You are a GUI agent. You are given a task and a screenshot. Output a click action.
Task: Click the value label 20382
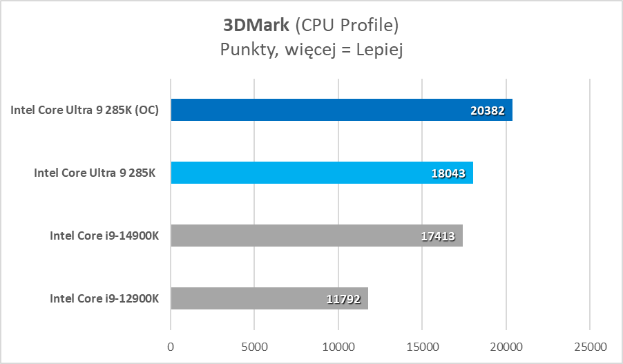coord(488,111)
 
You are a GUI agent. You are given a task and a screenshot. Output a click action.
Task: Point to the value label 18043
coord(449,173)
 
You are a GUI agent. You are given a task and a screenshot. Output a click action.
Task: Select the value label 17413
coord(438,236)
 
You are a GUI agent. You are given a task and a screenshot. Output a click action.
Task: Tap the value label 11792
coord(343,299)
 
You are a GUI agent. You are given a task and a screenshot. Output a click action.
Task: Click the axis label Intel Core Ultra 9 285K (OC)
coord(85,111)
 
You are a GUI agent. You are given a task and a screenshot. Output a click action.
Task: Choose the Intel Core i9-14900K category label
coord(104,236)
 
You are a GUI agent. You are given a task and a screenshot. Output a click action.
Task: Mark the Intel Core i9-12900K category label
coord(104,299)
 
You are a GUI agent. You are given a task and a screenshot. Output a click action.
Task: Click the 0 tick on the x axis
coord(171,344)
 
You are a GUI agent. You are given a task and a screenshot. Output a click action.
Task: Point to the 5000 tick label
coord(254,344)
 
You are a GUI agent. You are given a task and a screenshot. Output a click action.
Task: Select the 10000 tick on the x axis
coord(338,344)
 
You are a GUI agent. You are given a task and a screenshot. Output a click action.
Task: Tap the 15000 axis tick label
coord(422,344)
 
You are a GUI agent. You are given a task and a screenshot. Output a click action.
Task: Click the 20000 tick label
coord(506,344)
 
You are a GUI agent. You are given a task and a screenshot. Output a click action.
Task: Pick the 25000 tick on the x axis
coord(589,344)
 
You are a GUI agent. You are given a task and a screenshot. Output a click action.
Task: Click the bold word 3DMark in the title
coord(256,26)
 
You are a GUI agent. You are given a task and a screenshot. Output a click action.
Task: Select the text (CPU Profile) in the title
coord(347,26)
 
